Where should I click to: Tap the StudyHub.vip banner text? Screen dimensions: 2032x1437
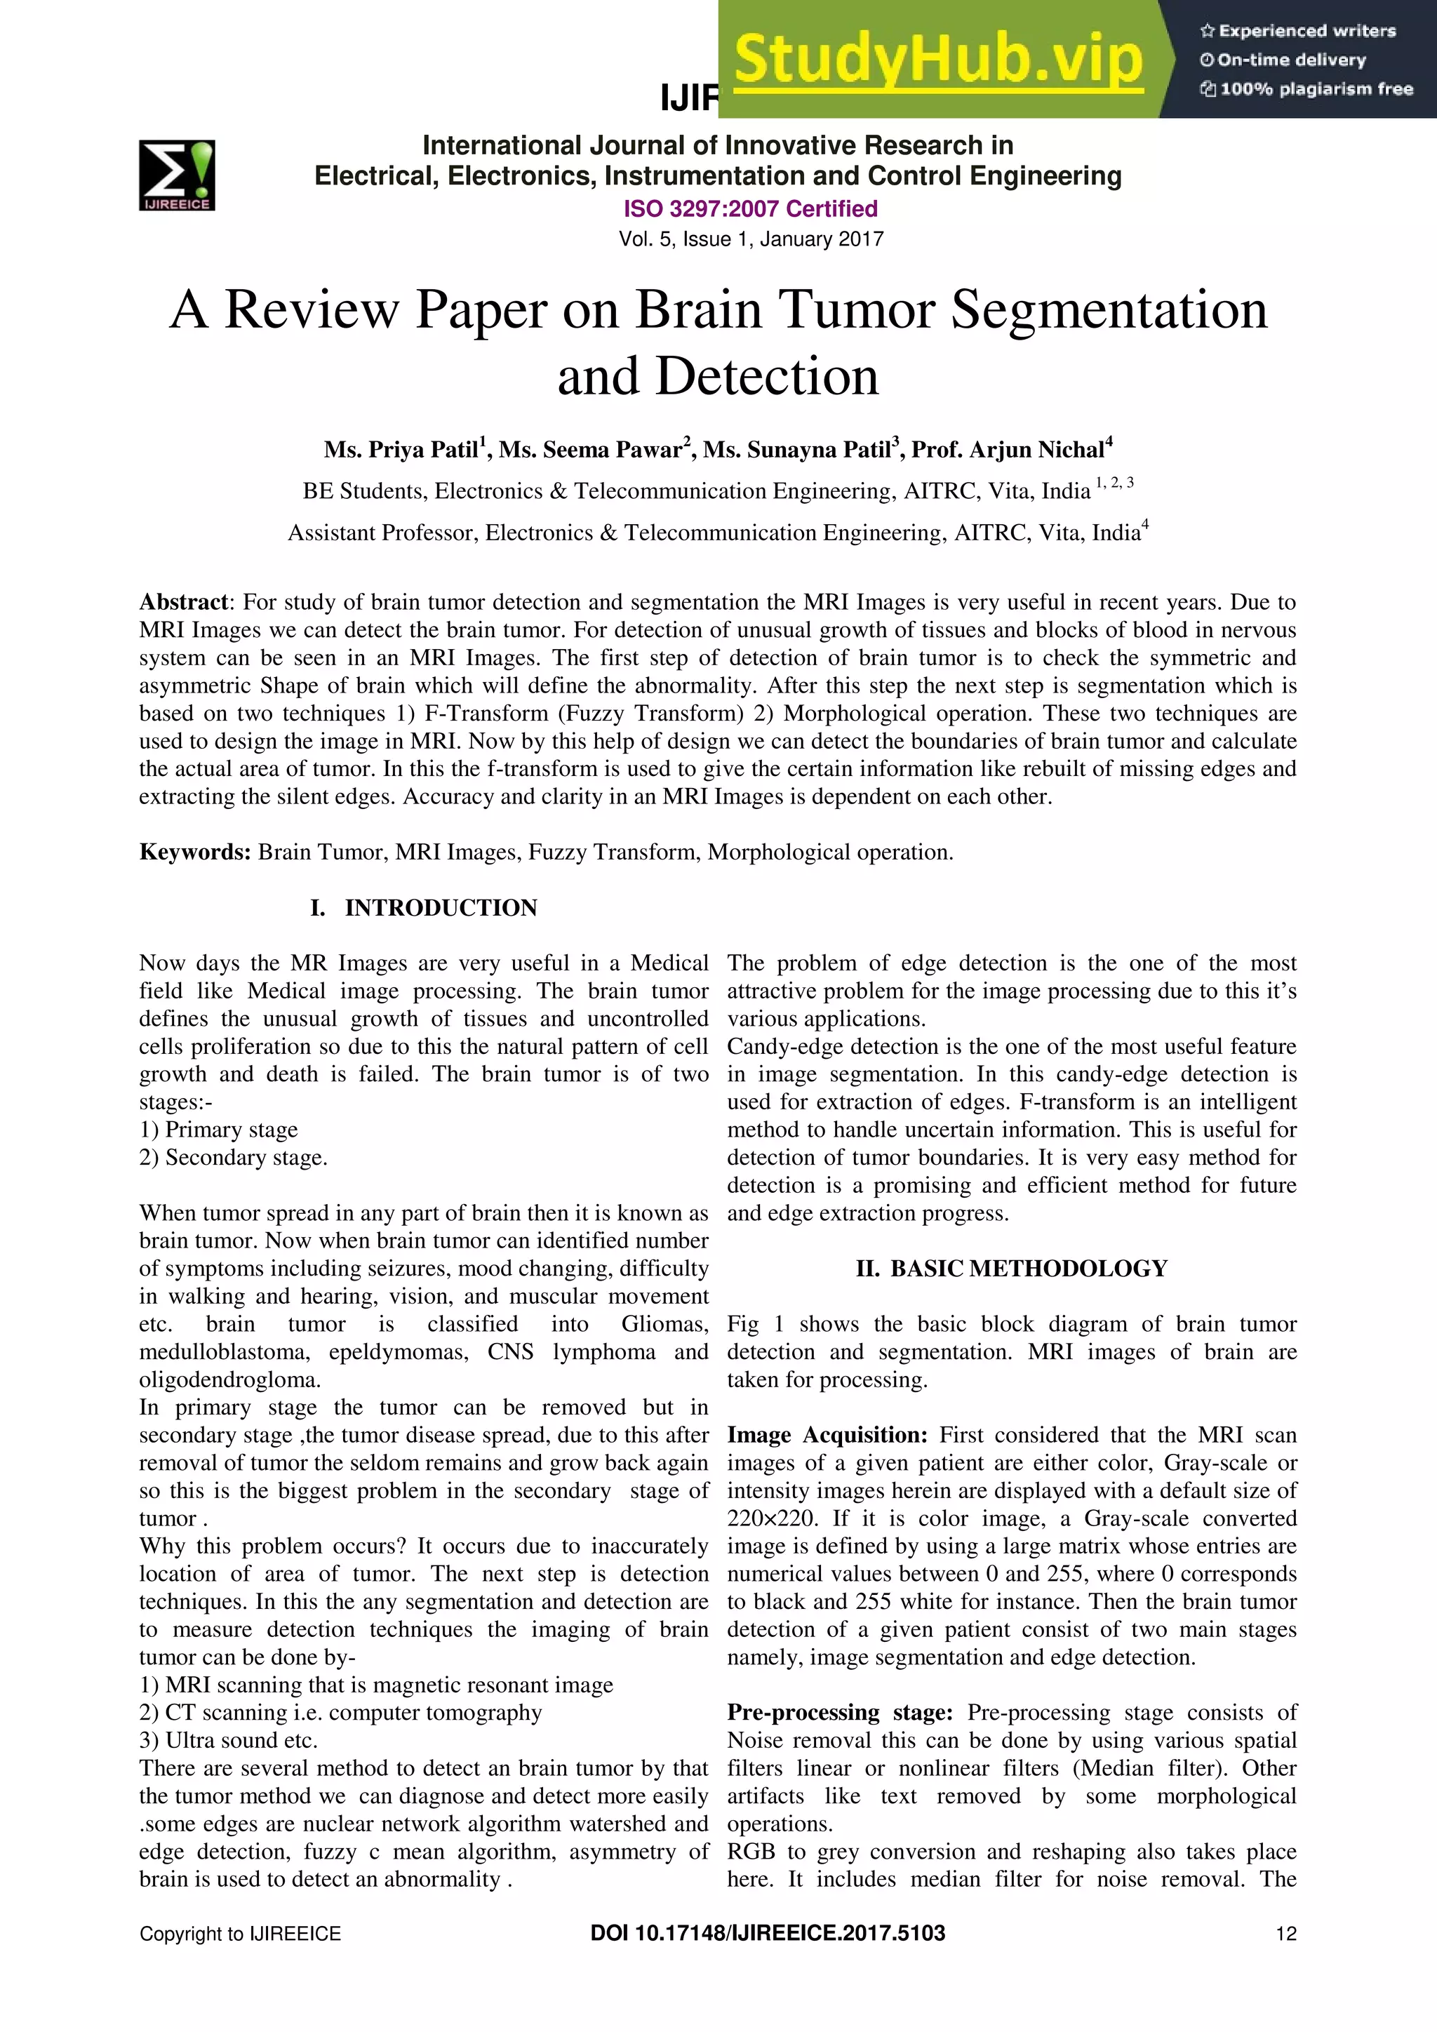point(938,60)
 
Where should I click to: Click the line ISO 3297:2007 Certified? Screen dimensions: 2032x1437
point(750,209)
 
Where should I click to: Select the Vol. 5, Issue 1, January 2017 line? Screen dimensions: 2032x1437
point(750,239)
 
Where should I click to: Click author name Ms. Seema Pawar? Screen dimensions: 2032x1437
point(592,450)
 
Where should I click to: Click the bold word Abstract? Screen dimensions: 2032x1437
point(183,602)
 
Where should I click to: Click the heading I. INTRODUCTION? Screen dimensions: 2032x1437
point(424,908)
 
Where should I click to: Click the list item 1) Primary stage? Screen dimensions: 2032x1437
point(218,1130)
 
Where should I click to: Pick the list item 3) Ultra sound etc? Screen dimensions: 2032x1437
point(228,1741)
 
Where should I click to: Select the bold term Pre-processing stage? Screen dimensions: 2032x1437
point(839,1713)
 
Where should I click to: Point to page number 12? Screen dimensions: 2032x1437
point(1285,1934)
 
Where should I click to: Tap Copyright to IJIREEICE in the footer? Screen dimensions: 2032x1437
point(240,1934)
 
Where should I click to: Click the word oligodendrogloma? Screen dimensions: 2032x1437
point(229,1379)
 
